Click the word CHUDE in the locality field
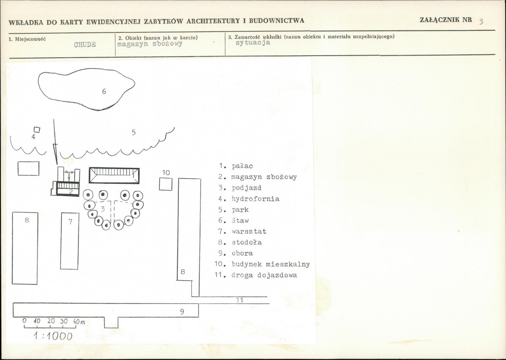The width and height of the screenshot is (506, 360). [85, 45]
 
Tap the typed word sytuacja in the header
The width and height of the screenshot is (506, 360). [253, 43]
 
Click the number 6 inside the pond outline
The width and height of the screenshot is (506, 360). [104, 91]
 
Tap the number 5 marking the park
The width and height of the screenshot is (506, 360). [134, 132]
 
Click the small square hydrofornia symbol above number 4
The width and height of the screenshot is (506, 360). [37, 130]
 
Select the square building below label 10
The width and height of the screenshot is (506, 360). [166, 184]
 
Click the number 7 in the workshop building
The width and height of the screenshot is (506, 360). [70, 222]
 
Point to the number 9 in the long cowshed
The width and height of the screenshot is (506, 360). [182, 312]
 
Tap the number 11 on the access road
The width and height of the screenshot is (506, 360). [240, 300]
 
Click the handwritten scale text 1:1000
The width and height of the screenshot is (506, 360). [53, 336]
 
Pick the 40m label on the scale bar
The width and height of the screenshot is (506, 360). [79, 321]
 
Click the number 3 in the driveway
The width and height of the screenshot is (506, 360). [103, 209]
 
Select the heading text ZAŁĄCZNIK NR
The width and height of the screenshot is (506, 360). [446, 20]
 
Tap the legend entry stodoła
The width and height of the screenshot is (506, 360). [247, 242]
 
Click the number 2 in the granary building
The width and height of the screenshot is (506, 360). [71, 192]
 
